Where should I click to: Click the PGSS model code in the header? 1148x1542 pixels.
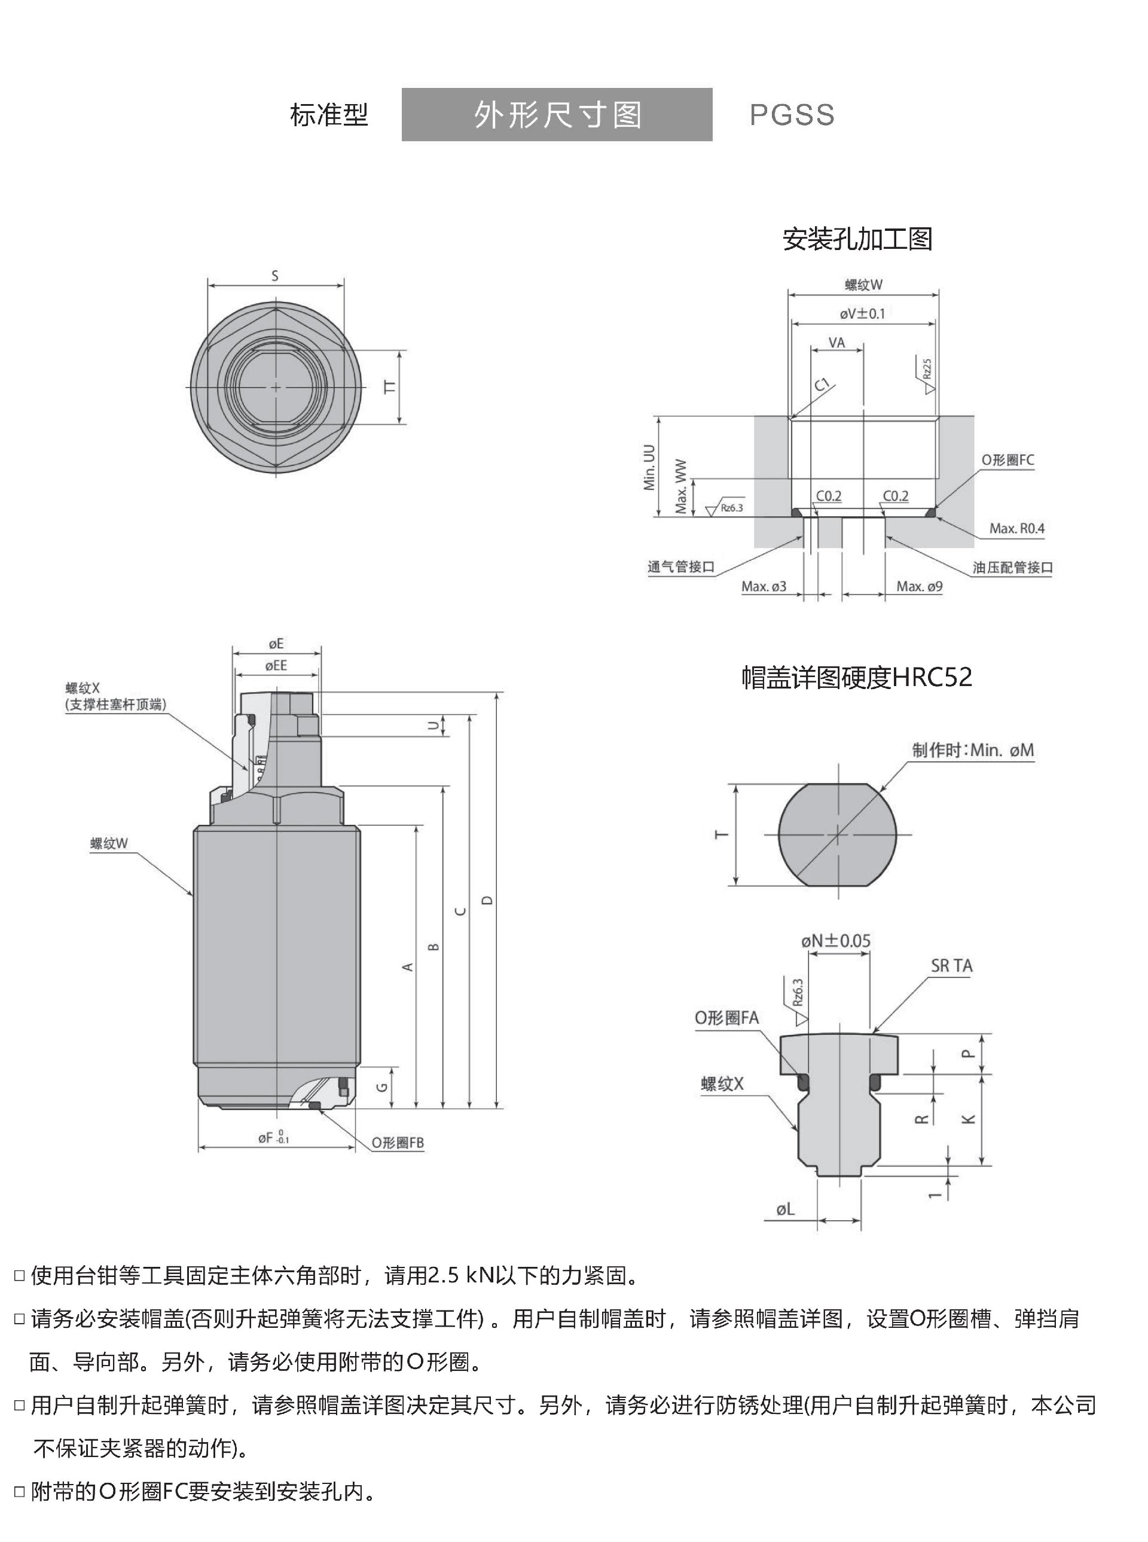point(792,115)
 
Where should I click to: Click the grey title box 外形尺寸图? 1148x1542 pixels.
point(557,115)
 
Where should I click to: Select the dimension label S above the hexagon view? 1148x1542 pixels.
point(275,276)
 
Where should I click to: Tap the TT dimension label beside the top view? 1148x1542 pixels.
point(390,387)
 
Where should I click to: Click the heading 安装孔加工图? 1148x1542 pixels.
point(857,239)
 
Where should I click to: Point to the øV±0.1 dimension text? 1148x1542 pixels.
point(862,313)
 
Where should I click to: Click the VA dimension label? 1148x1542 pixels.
point(836,343)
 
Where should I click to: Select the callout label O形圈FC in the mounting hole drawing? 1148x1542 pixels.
point(1007,460)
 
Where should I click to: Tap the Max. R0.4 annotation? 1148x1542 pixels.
point(1016,528)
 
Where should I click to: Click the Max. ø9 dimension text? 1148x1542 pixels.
point(918,586)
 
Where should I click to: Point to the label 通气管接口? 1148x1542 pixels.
point(681,566)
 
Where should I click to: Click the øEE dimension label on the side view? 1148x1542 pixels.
point(276,665)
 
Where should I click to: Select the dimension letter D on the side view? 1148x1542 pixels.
point(487,900)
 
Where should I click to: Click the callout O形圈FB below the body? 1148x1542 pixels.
point(397,1142)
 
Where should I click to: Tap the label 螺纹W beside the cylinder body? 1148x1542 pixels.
point(109,843)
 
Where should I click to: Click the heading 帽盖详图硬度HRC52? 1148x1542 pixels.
point(856,677)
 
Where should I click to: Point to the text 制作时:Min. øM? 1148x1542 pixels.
point(973,750)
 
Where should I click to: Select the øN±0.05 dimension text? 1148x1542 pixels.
point(835,941)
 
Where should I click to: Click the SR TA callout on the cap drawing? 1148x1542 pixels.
point(951,965)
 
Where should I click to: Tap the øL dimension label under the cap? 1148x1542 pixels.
point(785,1209)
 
